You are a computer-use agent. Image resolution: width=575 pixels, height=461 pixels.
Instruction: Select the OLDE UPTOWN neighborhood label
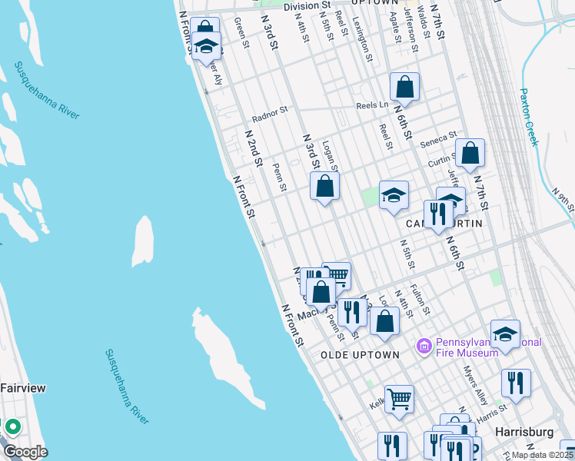[361, 355]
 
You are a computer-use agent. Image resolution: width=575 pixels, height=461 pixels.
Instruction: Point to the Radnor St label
[270, 114]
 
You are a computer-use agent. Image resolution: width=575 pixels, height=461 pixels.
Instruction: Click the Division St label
[306, 6]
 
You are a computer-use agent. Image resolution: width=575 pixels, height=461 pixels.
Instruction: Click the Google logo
[25, 452]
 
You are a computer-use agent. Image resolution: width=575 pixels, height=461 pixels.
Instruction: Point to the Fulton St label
[419, 300]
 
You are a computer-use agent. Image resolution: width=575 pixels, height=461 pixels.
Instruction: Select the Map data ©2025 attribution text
[542, 455]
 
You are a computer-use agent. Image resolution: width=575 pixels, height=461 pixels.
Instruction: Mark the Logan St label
[331, 154]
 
